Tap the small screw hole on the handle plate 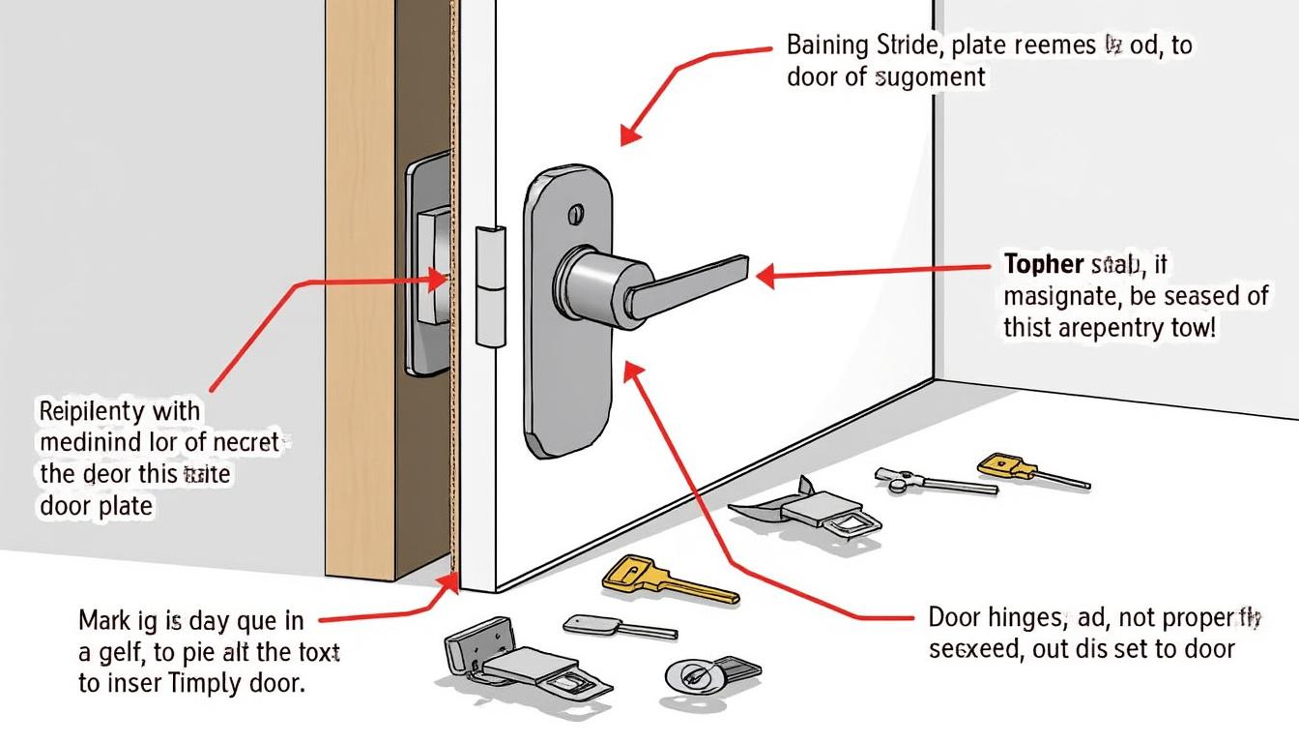coord(577,212)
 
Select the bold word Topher coord(1043,264)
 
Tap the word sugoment coord(930,77)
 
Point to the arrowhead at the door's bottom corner coord(449,583)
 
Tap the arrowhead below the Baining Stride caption coord(629,136)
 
